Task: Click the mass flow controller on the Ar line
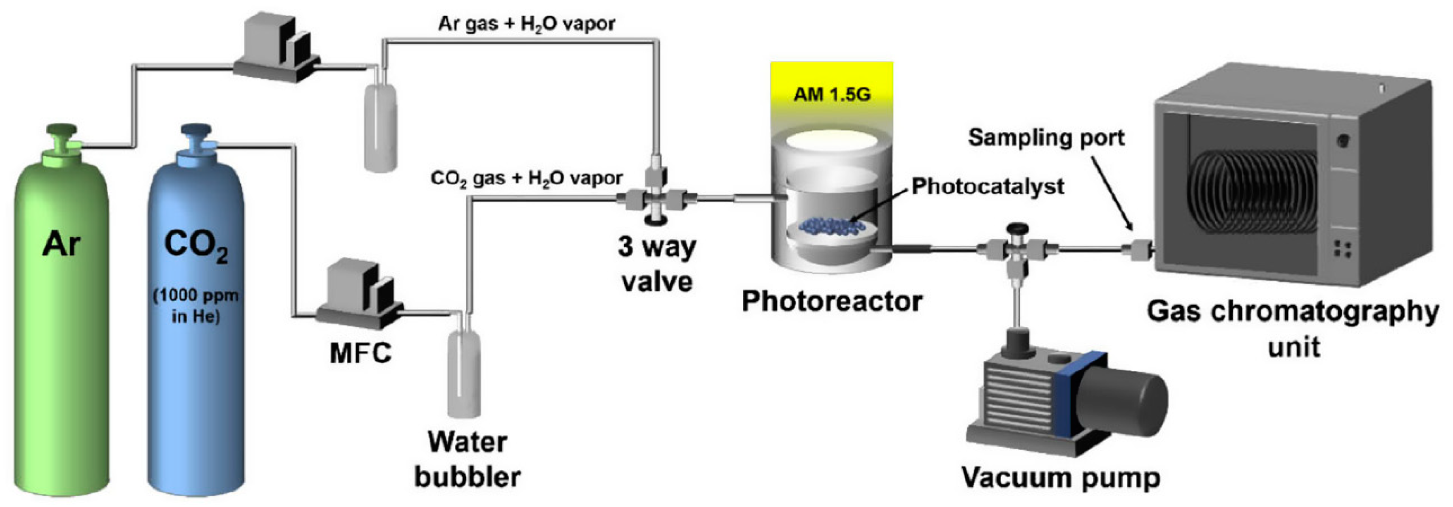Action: (277, 48)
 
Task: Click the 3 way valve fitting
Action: (656, 198)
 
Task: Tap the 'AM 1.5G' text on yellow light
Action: (832, 94)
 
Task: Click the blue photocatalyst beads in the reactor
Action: (834, 226)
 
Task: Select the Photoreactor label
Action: (832, 301)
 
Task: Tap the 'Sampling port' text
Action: (1046, 138)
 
